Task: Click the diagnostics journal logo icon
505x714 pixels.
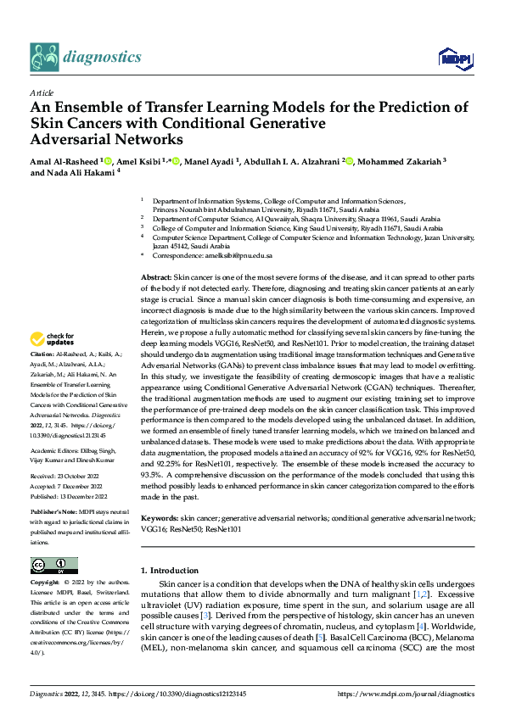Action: click(x=43, y=56)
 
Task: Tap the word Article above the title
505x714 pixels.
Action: click(x=41, y=92)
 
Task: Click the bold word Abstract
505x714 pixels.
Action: click(x=154, y=277)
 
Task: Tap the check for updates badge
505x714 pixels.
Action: click(x=54, y=339)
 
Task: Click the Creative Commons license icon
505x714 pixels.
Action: click(x=53, y=565)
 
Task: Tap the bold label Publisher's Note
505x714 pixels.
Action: click(x=53, y=514)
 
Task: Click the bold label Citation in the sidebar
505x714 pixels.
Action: click(x=40, y=353)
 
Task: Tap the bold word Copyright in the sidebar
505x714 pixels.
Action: click(x=45, y=583)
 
